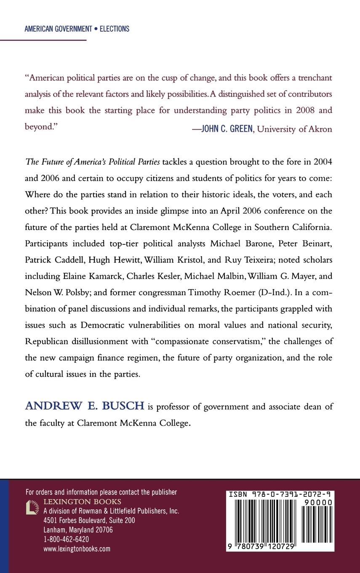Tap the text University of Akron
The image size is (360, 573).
point(294,129)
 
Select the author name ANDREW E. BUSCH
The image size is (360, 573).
point(85,406)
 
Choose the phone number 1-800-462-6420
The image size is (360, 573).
point(66,539)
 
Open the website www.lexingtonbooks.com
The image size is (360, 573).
point(77,549)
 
